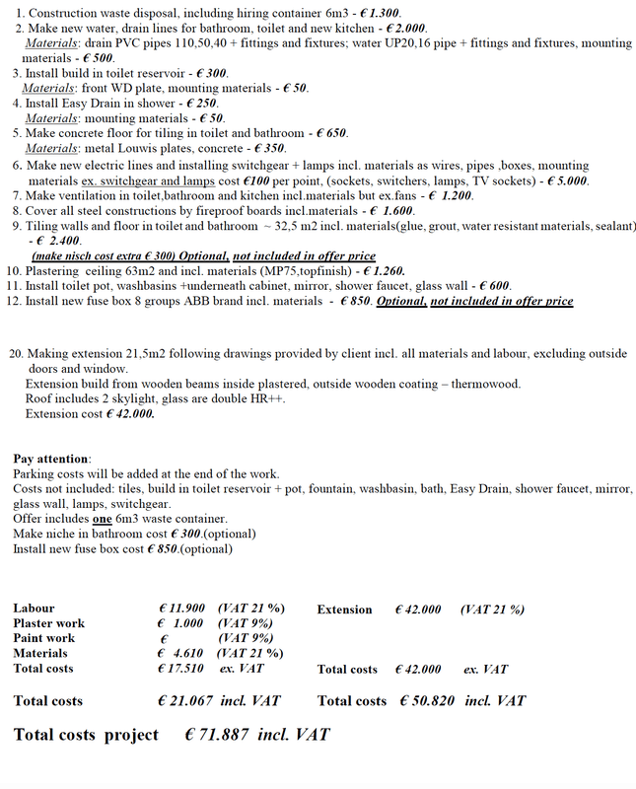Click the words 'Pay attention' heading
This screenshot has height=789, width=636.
(51, 460)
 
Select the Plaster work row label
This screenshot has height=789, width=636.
(48, 624)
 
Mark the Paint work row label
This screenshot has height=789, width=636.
(43, 639)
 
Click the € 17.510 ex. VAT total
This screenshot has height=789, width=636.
(181, 669)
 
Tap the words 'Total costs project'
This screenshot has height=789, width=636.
(86, 736)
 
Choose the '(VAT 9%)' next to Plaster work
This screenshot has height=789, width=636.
(246, 624)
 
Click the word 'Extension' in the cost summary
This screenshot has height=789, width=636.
(344, 610)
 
